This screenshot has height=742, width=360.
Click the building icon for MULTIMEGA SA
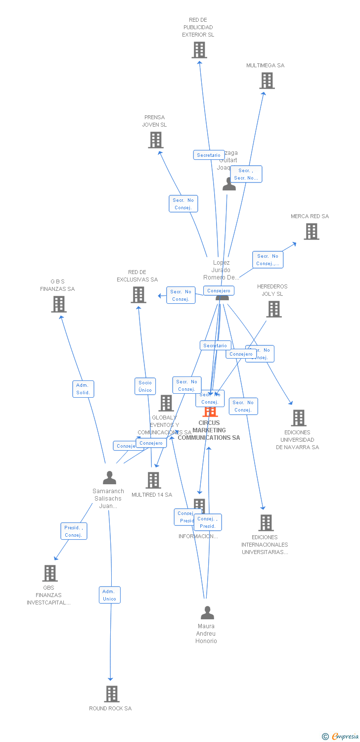pyautogui.click(x=267, y=81)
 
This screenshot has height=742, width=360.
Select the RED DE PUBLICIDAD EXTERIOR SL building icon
pyautogui.click(x=199, y=50)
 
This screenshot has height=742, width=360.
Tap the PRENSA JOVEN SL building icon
pyautogui.click(x=156, y=140)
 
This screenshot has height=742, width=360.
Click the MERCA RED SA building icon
pyautogui.click(x=312, y=232)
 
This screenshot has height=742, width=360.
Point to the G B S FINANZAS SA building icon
pyautogui.click(x=58, y=304)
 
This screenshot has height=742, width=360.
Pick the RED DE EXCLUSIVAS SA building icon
pyautogui.click(x=138, y=295)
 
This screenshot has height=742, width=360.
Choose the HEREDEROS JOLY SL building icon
pyautogui.click(x=274, y=309)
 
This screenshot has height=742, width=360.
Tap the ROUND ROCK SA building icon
pyautogui.click(x=112, y=694)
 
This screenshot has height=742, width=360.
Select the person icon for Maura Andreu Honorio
pyautogui.click(x=207, y=613)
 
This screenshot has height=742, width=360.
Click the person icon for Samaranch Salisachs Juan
pyautogui.click(x=109, y=478)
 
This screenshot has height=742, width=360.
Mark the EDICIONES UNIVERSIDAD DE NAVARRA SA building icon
pyautogui.click(x=299, y=418)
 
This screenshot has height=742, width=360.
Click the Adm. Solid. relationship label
pyautogui.click(x=83, y=389)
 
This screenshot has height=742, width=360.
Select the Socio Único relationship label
pyautogui.click(x=145, y=386)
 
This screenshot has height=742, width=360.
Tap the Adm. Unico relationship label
pyautogui.click(x=109, y=595)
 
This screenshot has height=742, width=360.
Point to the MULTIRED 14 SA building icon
pyautogui.click(x=153, y=480)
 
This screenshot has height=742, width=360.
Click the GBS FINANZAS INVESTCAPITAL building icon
pyautogui.click(x=50, y=573)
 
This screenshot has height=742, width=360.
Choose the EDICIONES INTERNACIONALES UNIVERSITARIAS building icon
pyautogui.click(x=266, y=523)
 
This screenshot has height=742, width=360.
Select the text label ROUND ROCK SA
pyautogui.click(x=110, y=708)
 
